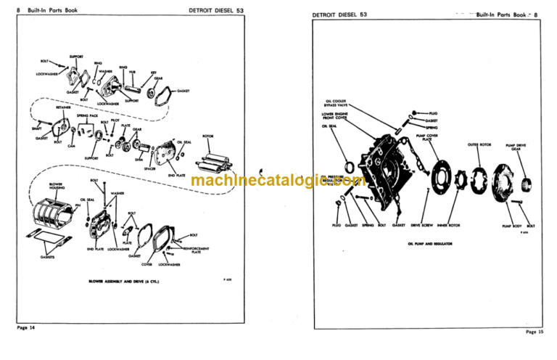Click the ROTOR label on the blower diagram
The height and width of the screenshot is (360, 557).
pos(207,136)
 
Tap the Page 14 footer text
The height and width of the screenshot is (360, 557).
pos(28,329)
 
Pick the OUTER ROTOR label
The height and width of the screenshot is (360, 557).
pos(480,144)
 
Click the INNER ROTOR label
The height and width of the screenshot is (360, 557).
pos(448,226)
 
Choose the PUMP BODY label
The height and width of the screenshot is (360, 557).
pos(513,226)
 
